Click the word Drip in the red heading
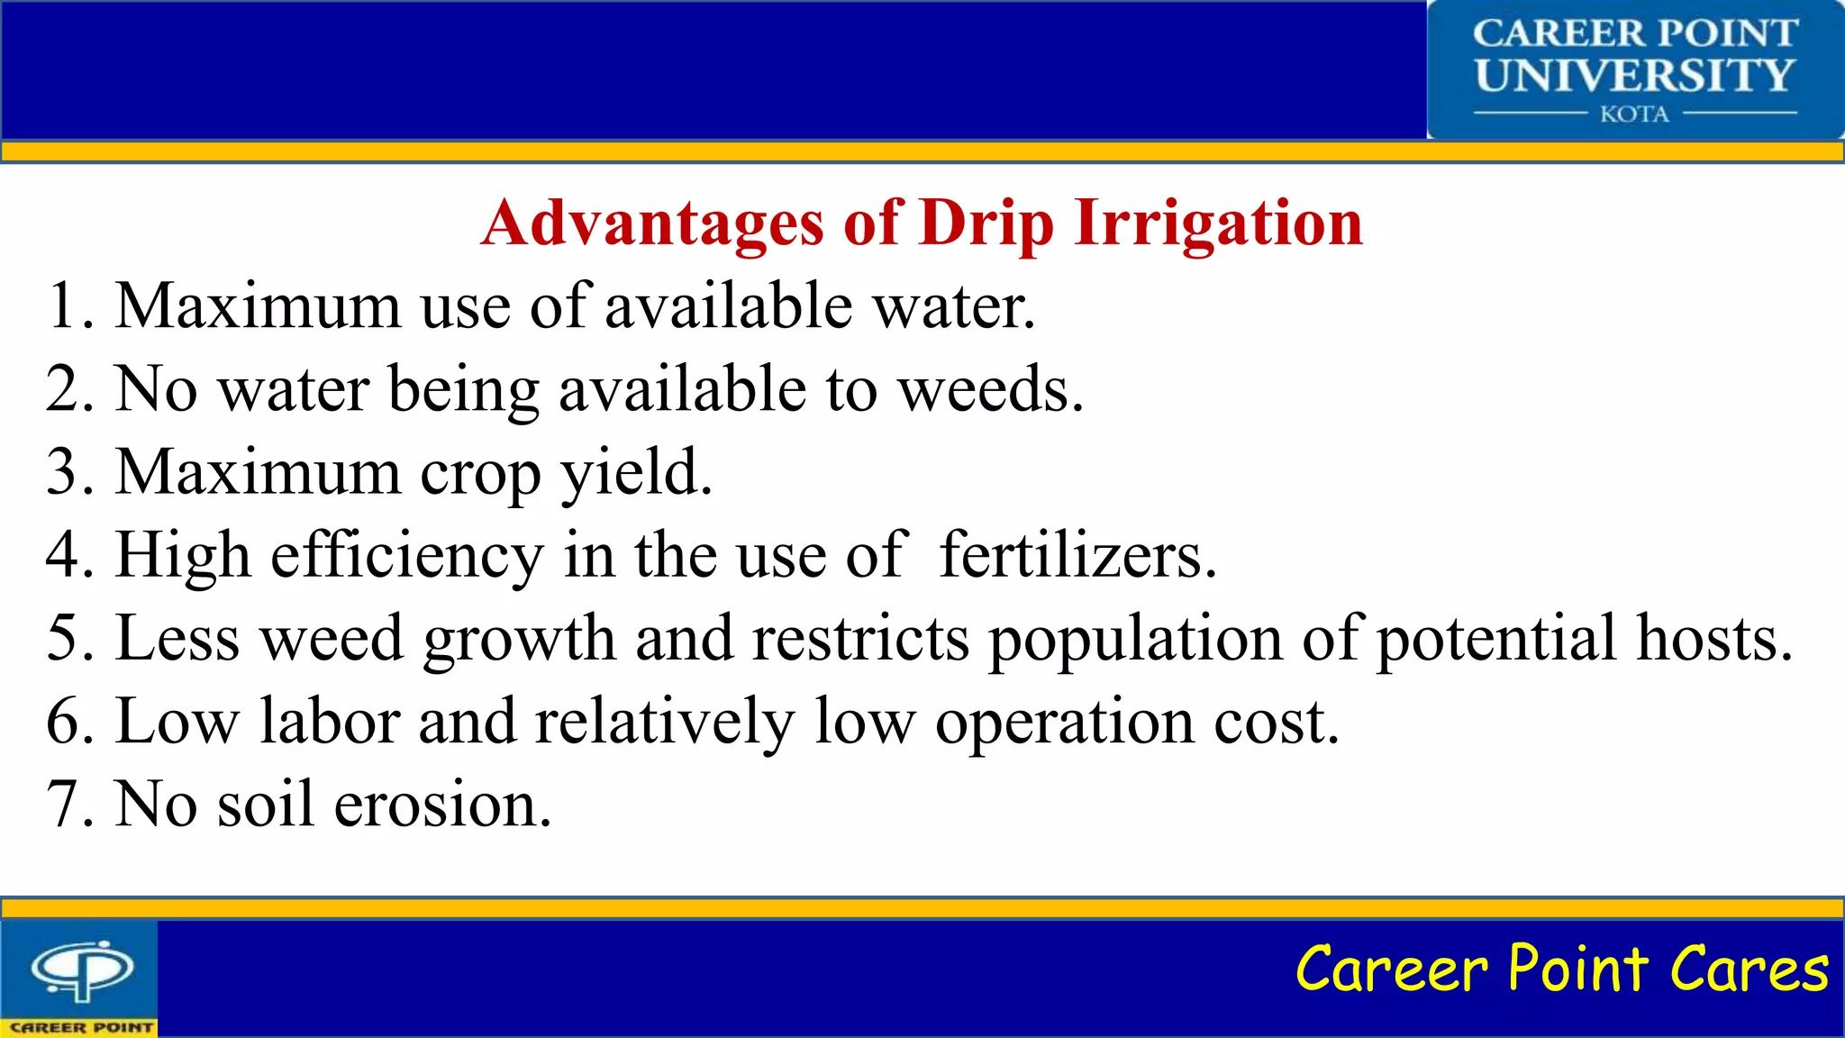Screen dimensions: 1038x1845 (x=986, y=223)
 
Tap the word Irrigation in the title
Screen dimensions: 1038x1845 (x=1218, y=223)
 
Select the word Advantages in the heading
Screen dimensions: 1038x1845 (x=652, y=223)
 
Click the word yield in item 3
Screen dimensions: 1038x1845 (x=636, y=472)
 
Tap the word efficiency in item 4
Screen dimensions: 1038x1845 (x=407, y=555)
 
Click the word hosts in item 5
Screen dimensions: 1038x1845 (x=1713, y=638)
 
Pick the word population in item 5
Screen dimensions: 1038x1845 (x=1135, y=638)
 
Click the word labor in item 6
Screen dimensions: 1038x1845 (x=330, y=721)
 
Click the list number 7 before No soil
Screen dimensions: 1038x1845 (x=68, y=804)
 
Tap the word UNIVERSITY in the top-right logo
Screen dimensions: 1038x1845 (x=1634, y=76)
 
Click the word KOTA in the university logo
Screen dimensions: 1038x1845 (x=1634, y=114)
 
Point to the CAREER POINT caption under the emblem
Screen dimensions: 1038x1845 (x=81, y=1027)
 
